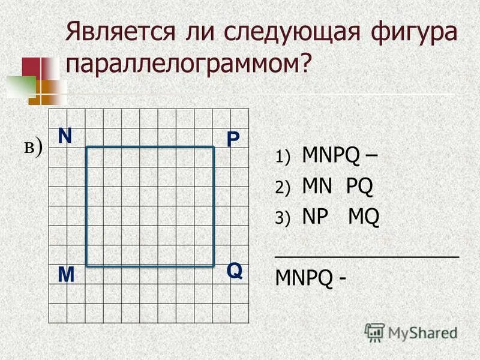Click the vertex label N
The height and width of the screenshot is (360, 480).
click(x=65, y=136)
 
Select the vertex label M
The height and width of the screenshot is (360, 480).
click(x=66, y=275)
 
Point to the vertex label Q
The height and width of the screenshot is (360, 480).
click(x=234, y=271)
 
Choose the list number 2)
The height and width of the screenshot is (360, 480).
click(x=283, y=188)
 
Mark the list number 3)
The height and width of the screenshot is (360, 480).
click(x=283, y=218)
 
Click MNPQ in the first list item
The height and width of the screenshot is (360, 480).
click(x=331, y=157)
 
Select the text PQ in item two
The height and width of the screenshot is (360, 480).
click(x=359, y=187)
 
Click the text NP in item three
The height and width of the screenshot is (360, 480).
click(x=314, y=217)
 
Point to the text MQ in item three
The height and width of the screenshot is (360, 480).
click(x=364, y=217)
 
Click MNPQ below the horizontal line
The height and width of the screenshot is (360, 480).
click(x=304, y=278)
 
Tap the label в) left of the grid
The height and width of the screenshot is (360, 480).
click(x=34, y=147)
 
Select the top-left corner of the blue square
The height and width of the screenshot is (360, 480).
click(x=87, y=148)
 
